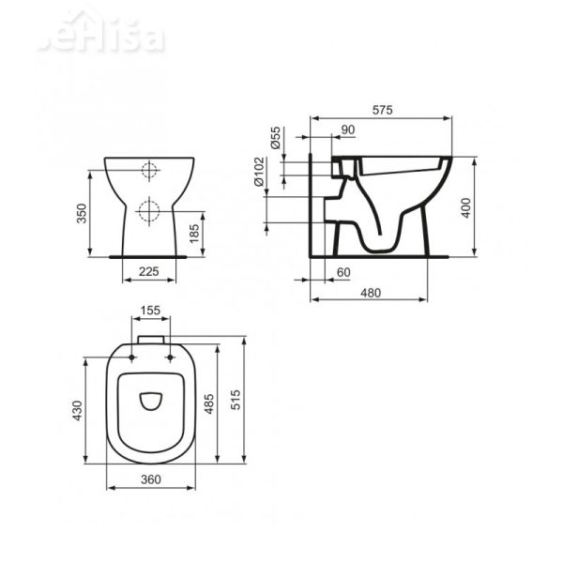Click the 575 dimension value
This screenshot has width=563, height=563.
point(380,110)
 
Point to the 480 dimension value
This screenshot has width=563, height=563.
point(371,291)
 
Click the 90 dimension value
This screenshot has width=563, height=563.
point(347,129)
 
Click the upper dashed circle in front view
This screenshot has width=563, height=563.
point(147,172)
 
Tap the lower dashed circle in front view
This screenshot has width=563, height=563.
point(147,210)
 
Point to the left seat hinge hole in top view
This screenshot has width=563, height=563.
point(129,357)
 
